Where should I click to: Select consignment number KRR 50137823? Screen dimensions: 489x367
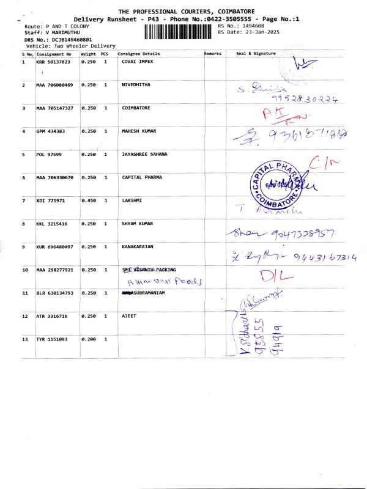pyautogui.click(x=54, y=62)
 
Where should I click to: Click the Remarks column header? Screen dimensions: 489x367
pyautogui.click(x=212, y=54)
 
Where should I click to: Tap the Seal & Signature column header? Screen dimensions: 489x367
pyautogui.click(x=256, y=54)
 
